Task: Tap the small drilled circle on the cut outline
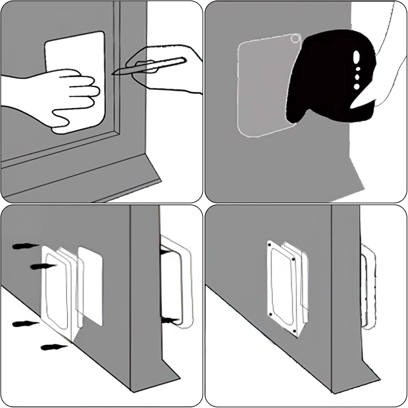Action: pos(295,39)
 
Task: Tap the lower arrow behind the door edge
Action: pos(170,321)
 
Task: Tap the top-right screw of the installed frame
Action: pos(293,260)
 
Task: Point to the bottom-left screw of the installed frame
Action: pos(271,314)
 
